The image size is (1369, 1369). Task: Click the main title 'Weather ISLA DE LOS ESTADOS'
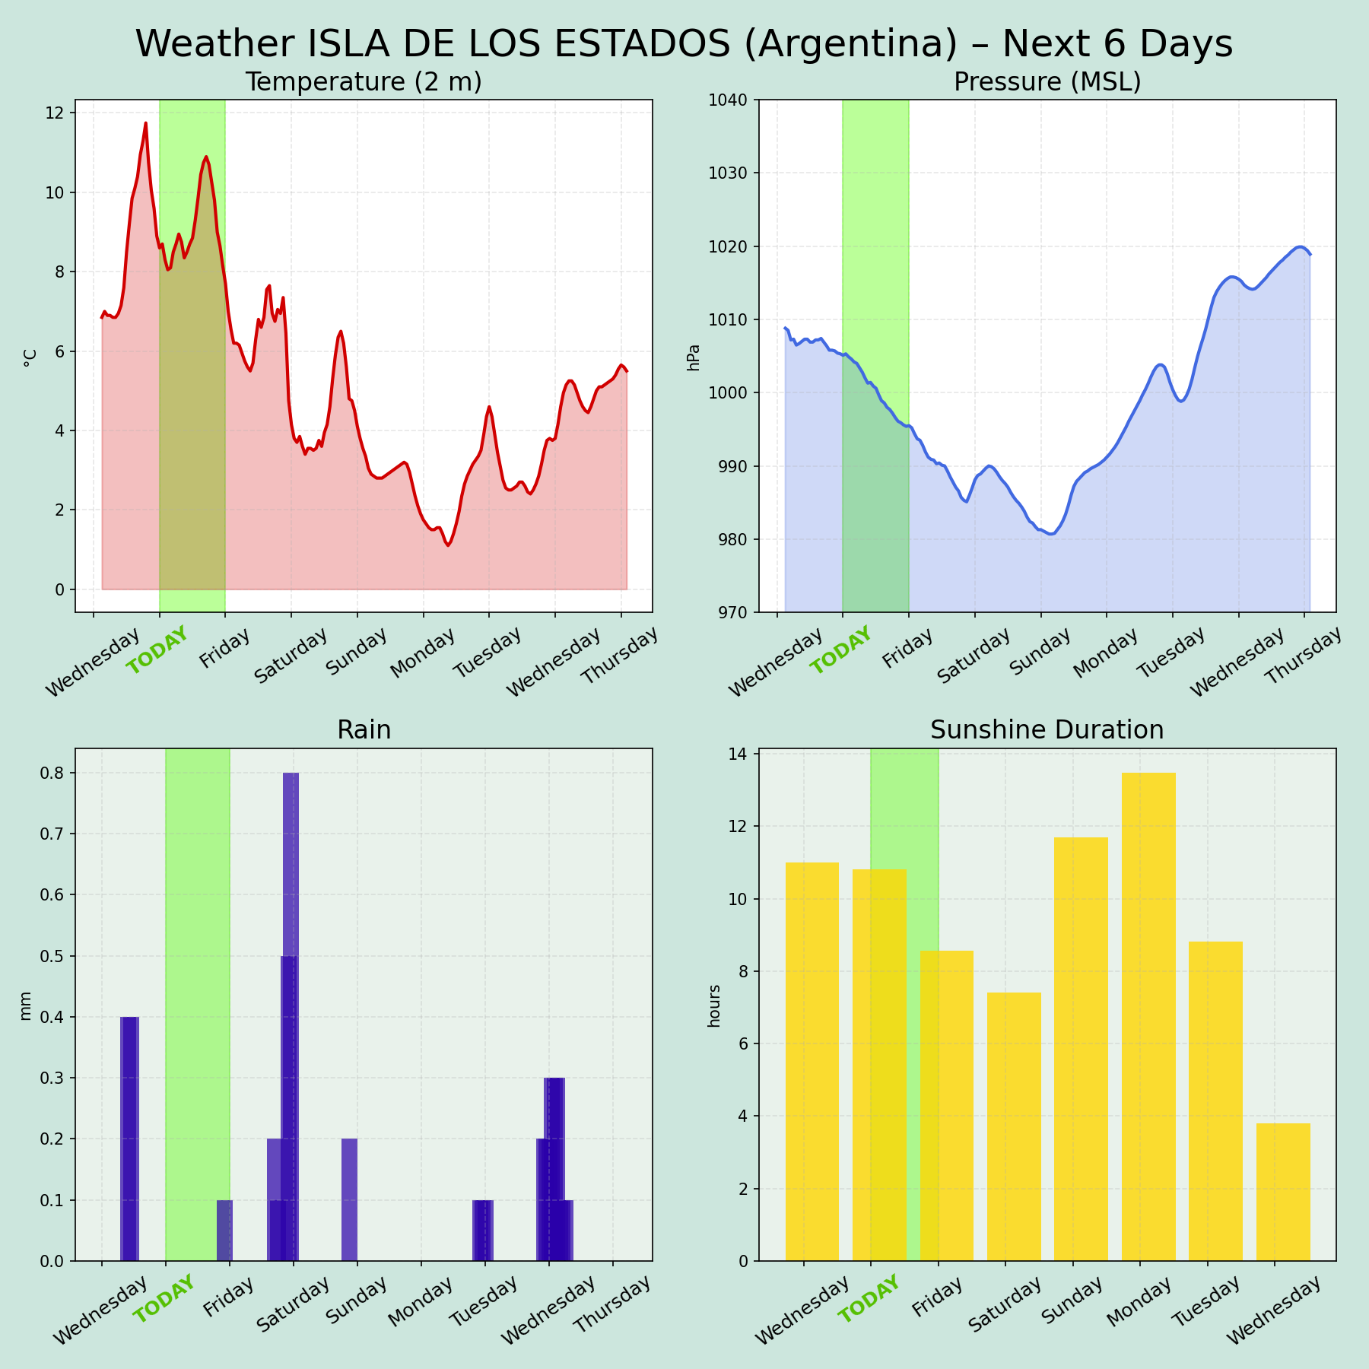pyautogui.click(x=684, y=44)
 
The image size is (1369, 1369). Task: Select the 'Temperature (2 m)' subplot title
pyautogui.click(x=364, y=82)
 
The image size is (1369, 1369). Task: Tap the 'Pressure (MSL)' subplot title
pyautogui.click(x=1047, y=82)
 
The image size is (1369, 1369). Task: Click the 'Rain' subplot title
pyautogui.click(x=364, y=730)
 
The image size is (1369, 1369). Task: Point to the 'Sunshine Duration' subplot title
pyautogui.click(x=1047, y=730)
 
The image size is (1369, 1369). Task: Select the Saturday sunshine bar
pyautogui.click(x=1014, y=1126)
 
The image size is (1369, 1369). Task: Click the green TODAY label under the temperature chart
pyautogui.click(x=157, y=651)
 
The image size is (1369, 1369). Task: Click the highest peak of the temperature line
pyautogui.click(x=145, y=123)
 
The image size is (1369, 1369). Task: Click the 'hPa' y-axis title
pyautogui.click(x=694, y=357)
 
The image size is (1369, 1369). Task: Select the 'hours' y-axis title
pyautogui.click(x=713, y=1005)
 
